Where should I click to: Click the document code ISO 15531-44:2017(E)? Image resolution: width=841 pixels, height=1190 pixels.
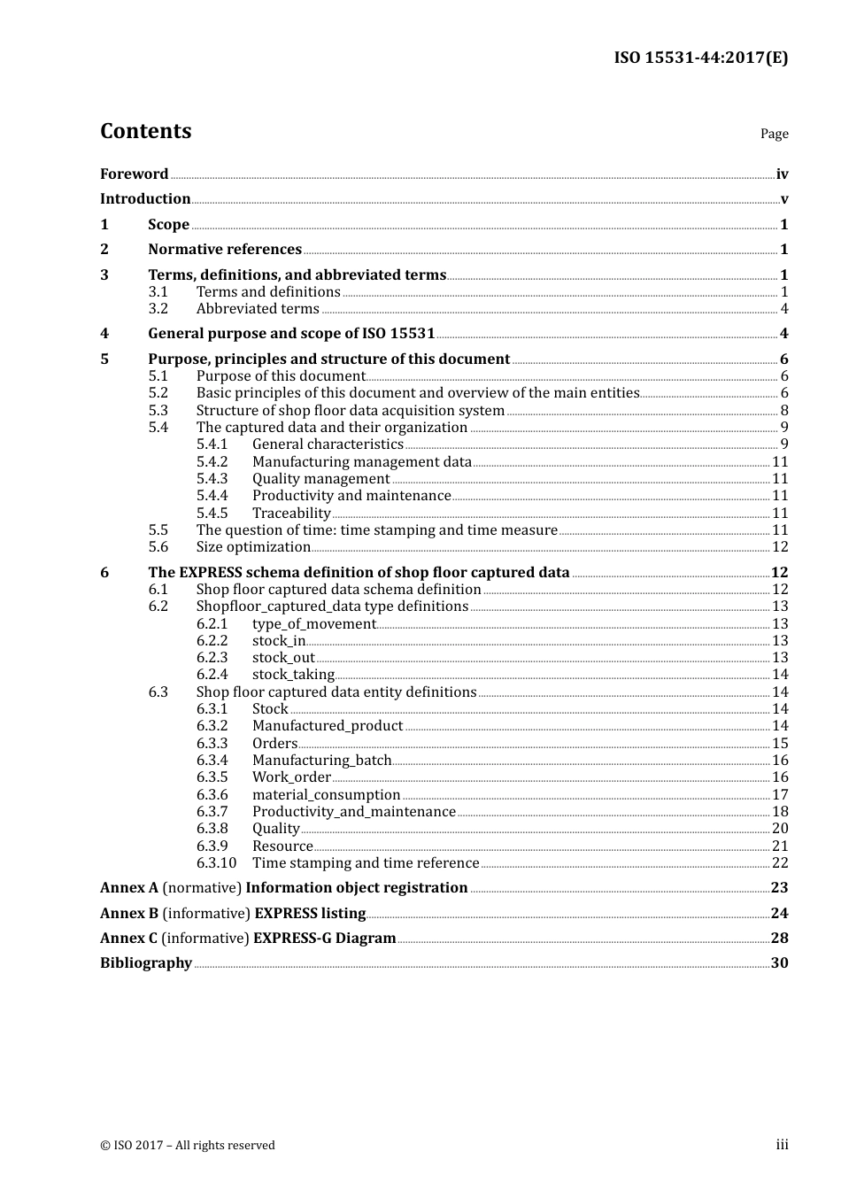[x=700, y=58]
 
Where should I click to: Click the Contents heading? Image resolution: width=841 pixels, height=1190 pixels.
[x=145, y=131]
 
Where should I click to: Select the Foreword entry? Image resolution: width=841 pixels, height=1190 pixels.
[x=134, y=174]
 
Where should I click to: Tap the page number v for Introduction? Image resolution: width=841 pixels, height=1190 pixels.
[x=783, y=199]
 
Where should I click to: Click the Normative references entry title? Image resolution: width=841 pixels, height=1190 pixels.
[x=225, y=250]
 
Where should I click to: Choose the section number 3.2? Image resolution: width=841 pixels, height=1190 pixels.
[x=158, y=309]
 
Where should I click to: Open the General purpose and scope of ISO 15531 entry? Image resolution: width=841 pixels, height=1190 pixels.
[x=291, y=334]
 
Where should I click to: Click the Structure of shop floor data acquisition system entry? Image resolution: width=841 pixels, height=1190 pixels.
[x=350, y=411]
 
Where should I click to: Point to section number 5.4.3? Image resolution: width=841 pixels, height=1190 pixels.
[x=212, y=479]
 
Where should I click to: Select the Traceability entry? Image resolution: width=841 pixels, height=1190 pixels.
[x=291, y=514]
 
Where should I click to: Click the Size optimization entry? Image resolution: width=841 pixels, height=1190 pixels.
[x=253, y=547]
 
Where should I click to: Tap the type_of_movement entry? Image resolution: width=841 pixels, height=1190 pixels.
[x=314, y=624]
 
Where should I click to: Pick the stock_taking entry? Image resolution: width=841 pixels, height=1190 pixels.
[x=293, y=675]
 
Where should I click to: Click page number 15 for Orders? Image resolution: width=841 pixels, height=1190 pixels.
[x=779, y=744]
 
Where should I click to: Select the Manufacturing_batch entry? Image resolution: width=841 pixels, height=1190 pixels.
[x=321, y=761]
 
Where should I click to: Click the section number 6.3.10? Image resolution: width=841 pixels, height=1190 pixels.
[x=216, y=863]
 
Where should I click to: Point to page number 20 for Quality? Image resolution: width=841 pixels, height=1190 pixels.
[x=779, y=829]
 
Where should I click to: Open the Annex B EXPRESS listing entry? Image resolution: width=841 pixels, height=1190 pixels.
[x=233, y=914]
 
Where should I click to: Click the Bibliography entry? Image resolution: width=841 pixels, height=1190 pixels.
[x=146, y=963]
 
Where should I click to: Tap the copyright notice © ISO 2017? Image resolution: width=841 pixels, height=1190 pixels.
[x=188, y=1146]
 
